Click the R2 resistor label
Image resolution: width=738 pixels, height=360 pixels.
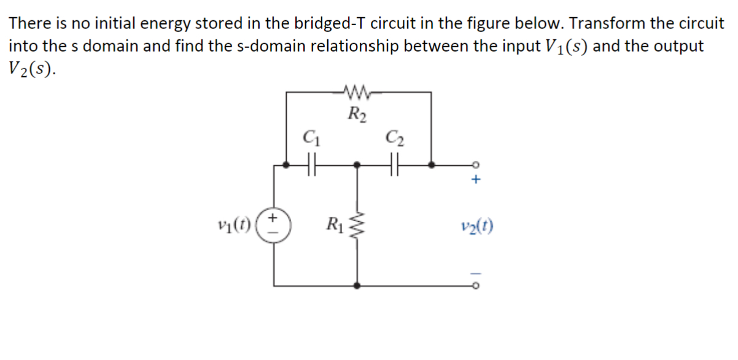[x=357, y=113]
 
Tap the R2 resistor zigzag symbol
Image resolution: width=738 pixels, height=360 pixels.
[x=357, y=93]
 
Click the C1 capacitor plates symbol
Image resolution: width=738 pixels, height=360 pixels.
[x=311, y=165]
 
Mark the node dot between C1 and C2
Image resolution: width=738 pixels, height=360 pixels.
[x=358, y=165]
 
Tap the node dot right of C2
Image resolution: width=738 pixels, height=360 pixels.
[x=432, y=165]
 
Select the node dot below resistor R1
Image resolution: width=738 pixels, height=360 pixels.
[x=358, y=285]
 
